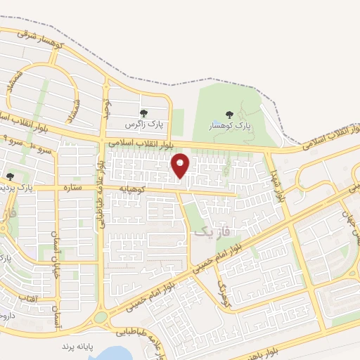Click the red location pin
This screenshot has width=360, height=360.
(x=181, y=165)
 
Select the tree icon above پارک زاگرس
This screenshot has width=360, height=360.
(x=143, y=113)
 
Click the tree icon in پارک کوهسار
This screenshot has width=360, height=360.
(x=229, y=114)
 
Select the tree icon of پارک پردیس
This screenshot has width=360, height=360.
(x=10, y=176)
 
